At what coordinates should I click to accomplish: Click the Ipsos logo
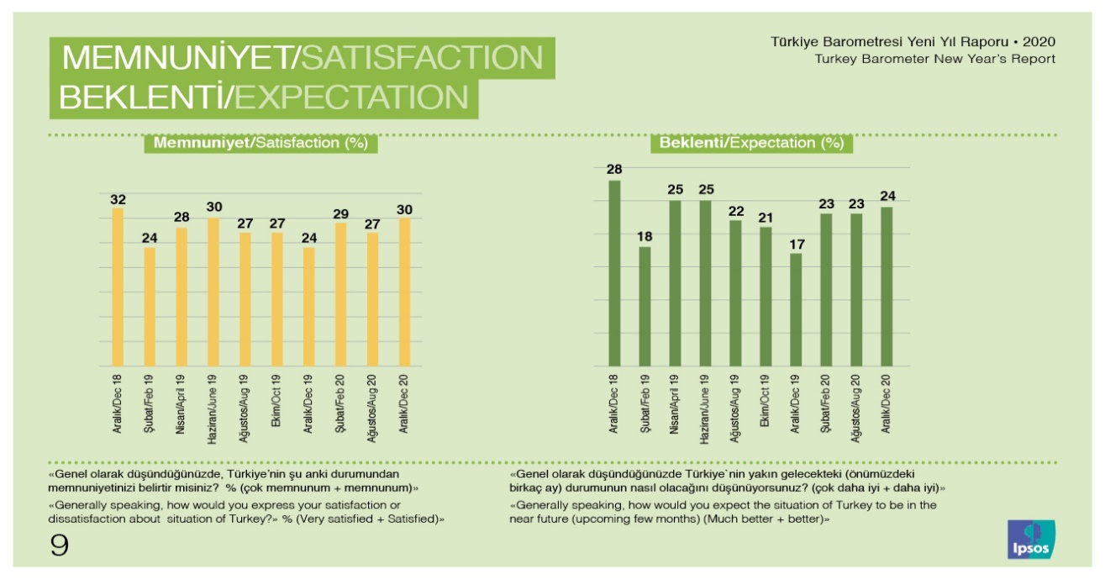pyautogui.click(x=1031, y=539)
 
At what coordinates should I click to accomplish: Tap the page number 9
pyautogui.click(x=59, y=545)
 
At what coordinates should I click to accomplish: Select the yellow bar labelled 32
pyautogui.click(x=117, y=287)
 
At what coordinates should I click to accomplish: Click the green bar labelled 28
pyautogui.click(x=613, y=273)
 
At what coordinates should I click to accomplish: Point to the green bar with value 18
pyautogui.click(x=644, y=306)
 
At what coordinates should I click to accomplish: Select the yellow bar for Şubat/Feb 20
pyautogui.click(x=340, y=294)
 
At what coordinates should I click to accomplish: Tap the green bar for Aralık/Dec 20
pyautogui.click(x=886, y=287)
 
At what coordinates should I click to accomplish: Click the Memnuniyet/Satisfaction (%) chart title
pyautogui.click(x=260, y=144)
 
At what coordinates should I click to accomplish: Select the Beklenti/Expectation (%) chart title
pyautogui.click(x=751, y=144)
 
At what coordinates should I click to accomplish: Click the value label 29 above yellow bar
pyautogui.click(x=340, y=213)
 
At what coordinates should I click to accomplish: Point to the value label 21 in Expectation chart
pyautogui.click(x=765, y=218)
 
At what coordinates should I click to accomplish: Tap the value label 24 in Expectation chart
pyautogui.click(x=886, y=197)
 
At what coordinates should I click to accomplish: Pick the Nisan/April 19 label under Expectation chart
pyautogui.click(x=675, y=404)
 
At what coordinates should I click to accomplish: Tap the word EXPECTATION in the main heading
pyautogui.click(x=351, y=97)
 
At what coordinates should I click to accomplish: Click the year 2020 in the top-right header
pyautogui.click(x=1037, y=41)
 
